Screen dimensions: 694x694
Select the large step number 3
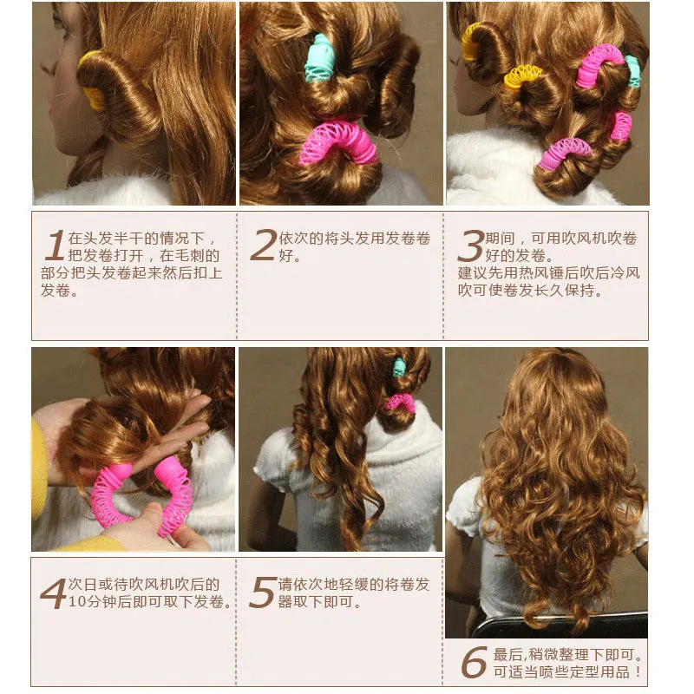tap(470, 246)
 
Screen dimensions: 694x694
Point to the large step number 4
tap(54, 593)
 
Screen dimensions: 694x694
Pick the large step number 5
tap(263, 593)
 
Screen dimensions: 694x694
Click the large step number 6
tap(474, 662)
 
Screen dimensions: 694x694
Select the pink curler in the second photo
tap(338, 141)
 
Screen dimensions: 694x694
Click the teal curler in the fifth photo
tap(399, 367)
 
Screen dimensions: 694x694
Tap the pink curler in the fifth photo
tap(401, 403)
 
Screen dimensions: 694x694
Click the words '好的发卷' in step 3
tap(515, 255)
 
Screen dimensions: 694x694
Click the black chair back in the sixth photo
tap(562, 625)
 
